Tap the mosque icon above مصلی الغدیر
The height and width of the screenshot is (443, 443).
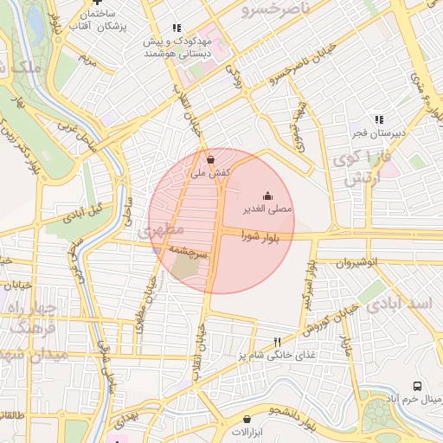point(266,195)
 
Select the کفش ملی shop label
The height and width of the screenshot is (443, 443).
point(210,173)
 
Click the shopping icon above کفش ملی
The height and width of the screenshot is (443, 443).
point(211,159)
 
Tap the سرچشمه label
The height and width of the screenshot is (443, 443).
point(188,251)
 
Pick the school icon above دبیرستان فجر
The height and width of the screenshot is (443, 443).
point(378,119)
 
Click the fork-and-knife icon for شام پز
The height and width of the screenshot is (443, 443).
point(277,341)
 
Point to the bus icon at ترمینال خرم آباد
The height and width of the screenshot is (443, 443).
point(418,386)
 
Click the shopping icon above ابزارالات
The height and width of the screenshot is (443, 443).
point(247,418)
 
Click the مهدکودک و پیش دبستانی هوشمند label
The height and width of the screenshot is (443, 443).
point(177,48)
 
